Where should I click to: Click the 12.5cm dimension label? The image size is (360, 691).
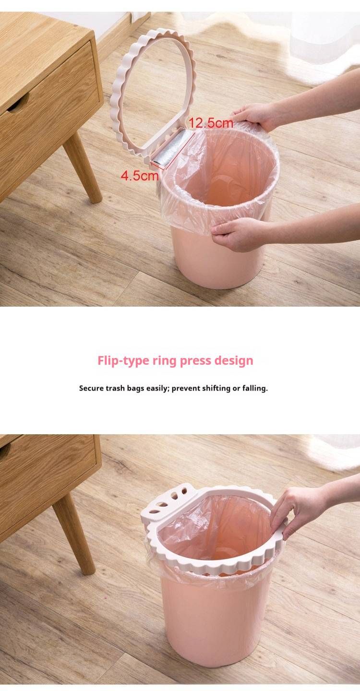point(211,123)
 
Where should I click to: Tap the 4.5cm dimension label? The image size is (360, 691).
point(139,176)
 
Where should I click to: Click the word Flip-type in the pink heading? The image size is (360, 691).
point(123,360)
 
